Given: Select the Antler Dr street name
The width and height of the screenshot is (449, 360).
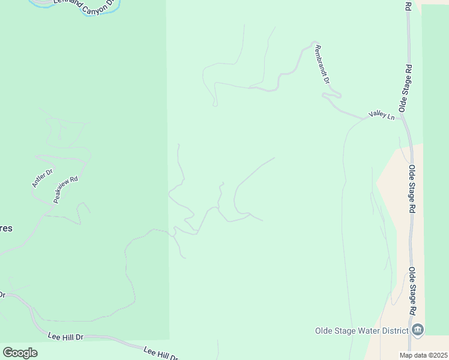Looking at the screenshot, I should click(x=42, y=178).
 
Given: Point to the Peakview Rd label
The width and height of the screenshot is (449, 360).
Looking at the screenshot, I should click(x=65, y=189).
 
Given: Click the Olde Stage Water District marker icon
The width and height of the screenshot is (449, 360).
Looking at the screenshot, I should click(x=418, y=330).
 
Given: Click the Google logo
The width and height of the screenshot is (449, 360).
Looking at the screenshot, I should click(x=20, y=353).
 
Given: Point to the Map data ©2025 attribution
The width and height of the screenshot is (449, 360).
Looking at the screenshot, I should click(x=423, y=355).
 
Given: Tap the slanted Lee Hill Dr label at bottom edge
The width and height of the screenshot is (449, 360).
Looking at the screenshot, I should click(x=161, y=353).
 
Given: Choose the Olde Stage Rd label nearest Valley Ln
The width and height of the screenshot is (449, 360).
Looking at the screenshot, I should click(x=406, y=88).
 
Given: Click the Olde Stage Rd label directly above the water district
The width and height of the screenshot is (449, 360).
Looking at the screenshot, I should click(x=412, y=292).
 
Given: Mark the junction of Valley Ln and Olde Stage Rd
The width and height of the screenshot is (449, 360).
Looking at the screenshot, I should click(x=402, y=118).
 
